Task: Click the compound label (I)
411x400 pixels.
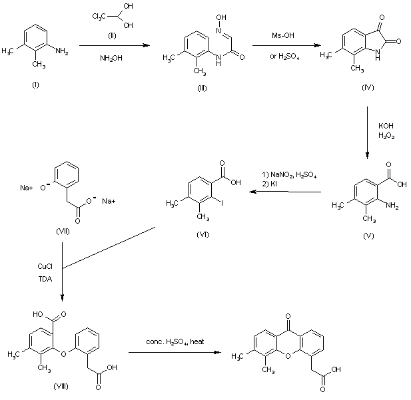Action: click(35, 85)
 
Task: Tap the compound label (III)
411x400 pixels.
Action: click(201, 85)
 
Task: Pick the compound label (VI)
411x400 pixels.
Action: click(203, 234)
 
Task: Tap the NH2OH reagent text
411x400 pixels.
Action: click(111, 58)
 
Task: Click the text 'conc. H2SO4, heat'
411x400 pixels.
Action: click(174, 341)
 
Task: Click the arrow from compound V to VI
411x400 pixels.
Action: click(287, 192)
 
